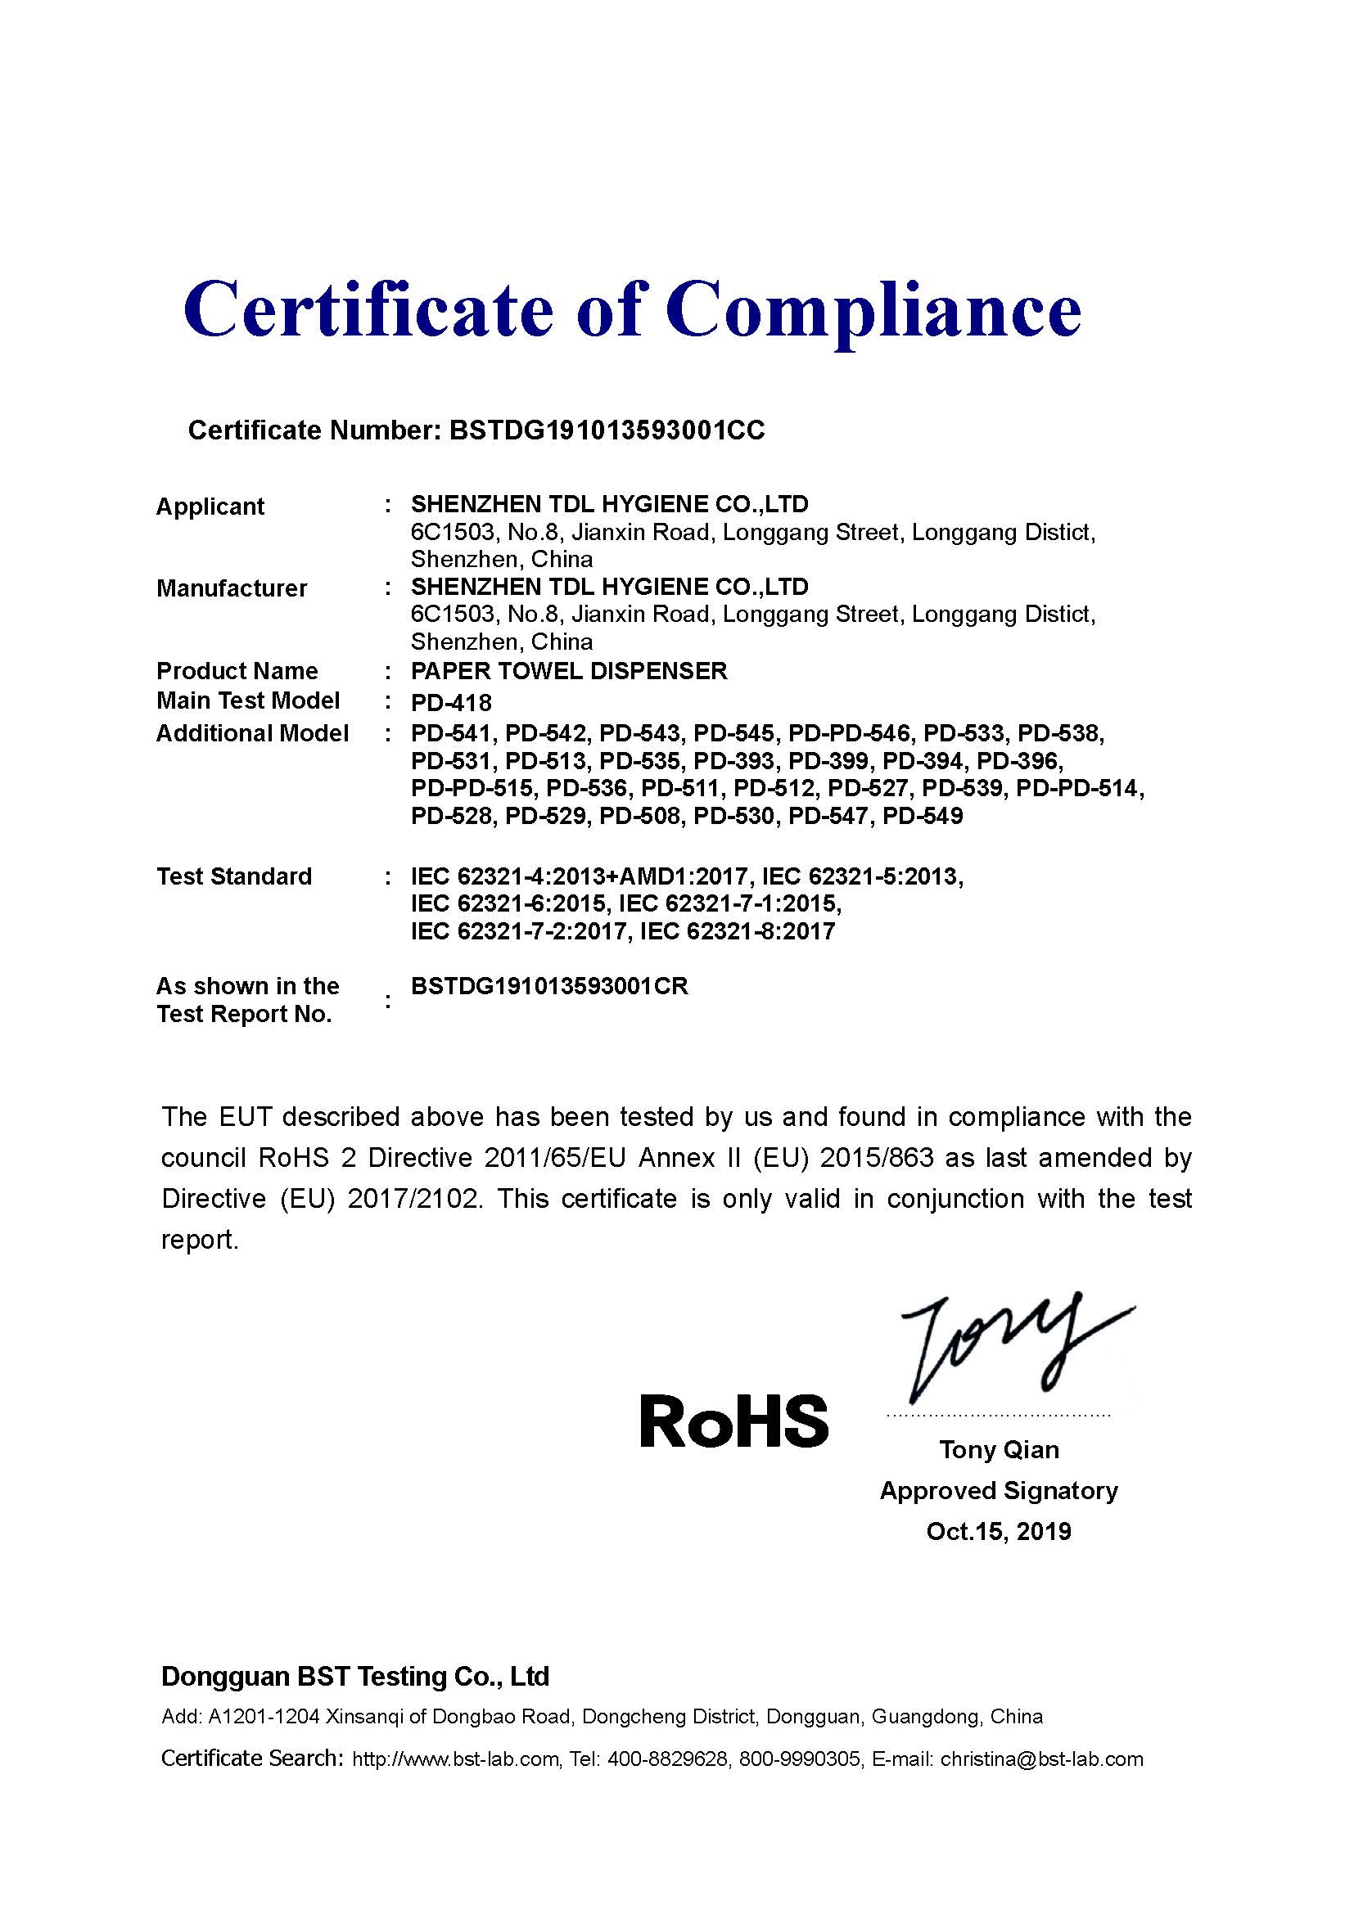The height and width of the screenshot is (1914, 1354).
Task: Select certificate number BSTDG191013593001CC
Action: click(606, 430)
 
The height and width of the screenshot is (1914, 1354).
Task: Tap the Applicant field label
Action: click(210, 506)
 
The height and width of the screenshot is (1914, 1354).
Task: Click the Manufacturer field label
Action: click(232, 588)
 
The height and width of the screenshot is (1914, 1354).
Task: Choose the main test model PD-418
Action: click(451, 702)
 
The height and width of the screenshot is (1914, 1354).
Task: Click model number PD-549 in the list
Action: click(922, 815)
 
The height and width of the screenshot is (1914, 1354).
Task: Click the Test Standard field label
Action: click(234, 876)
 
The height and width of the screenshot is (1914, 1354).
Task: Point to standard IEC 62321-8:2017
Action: click(737, 931)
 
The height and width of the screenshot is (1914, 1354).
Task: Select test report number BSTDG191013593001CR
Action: click(549, 986)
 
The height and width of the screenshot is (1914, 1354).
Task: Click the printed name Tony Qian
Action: click(999, 1450)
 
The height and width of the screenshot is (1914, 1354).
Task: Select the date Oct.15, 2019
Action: click(999, 1531)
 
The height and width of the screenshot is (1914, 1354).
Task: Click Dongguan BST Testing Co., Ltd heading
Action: click(355, 1677)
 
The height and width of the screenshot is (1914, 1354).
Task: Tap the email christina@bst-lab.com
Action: click(1041, 1759)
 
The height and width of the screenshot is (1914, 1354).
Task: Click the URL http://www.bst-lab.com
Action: click(455, 1759)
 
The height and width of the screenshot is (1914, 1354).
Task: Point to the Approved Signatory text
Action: click(999, 1490)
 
